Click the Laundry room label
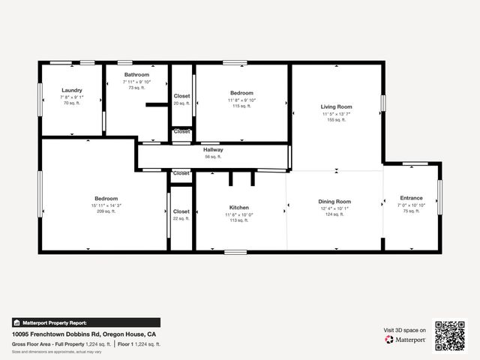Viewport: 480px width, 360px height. [72, 90]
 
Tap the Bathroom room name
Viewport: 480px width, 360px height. [136, 75]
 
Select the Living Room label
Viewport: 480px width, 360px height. [337, 107]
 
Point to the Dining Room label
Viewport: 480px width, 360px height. [334, 201]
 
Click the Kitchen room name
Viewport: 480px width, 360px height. [239, 208]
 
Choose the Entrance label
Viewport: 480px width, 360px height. [411, 199]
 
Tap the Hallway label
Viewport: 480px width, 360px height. [213, 150]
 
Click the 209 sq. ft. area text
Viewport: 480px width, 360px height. [106, 211]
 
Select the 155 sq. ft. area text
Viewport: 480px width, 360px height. [337, 119]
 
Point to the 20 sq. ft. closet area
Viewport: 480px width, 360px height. [181, 103]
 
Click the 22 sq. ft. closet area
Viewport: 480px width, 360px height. [181, 218]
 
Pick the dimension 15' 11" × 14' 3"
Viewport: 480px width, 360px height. [106, 205]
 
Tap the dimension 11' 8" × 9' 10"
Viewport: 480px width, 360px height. [241, 100]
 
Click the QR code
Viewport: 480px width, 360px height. [450, 335]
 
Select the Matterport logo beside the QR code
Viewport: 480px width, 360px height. [406, 340]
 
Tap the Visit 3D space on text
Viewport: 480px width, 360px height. [405, 330]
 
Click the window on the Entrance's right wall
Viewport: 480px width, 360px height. [440, 196]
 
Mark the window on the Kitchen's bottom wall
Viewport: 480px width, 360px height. [235, 252]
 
